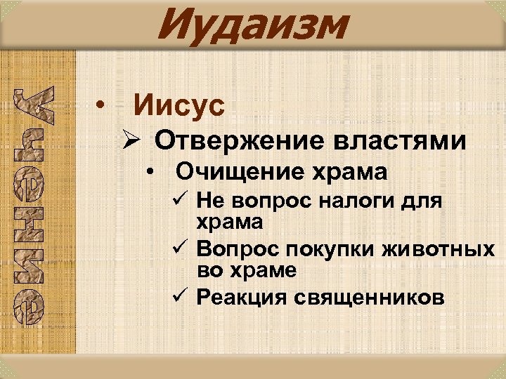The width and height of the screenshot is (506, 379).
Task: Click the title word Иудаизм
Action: [253, 26]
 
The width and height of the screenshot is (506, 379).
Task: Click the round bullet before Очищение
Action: [152, 172]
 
